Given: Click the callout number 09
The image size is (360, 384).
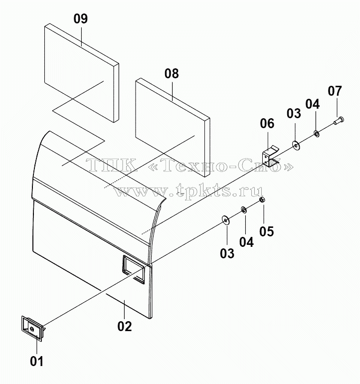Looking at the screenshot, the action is (x=81, y=19).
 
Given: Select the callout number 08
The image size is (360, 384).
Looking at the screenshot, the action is (x=172, y=74).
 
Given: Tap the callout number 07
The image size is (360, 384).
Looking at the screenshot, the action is (x=335, y=91).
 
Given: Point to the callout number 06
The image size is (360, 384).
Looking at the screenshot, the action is (x=267, y=124).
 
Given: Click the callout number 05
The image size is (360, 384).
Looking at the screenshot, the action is (x=266, y=231).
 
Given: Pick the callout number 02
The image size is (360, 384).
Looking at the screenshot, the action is (x=125, y=327).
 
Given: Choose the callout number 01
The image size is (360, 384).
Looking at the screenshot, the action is (x=37, y=361).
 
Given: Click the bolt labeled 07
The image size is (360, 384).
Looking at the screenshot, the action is (x=339, y=121).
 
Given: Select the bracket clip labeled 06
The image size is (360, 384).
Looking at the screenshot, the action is (x=271, y=157).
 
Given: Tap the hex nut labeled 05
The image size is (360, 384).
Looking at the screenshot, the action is (x=262, y=199).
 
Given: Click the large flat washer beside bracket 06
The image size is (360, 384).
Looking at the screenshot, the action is (x=296, y=146).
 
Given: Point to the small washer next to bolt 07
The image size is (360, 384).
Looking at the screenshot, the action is (x=317, y=134).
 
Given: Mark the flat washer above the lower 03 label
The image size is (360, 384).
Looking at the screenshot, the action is (x=225, y=220).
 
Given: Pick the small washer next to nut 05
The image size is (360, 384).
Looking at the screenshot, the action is (x=244, y=210).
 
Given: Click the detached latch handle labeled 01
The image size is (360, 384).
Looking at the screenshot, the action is (x=33, y=328).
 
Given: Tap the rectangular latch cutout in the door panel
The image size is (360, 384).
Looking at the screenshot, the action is (x=134, y=270).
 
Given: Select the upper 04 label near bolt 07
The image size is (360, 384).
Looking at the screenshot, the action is (x=312, y=104).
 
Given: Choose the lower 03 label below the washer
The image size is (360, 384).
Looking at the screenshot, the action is (x=227, y=253).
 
